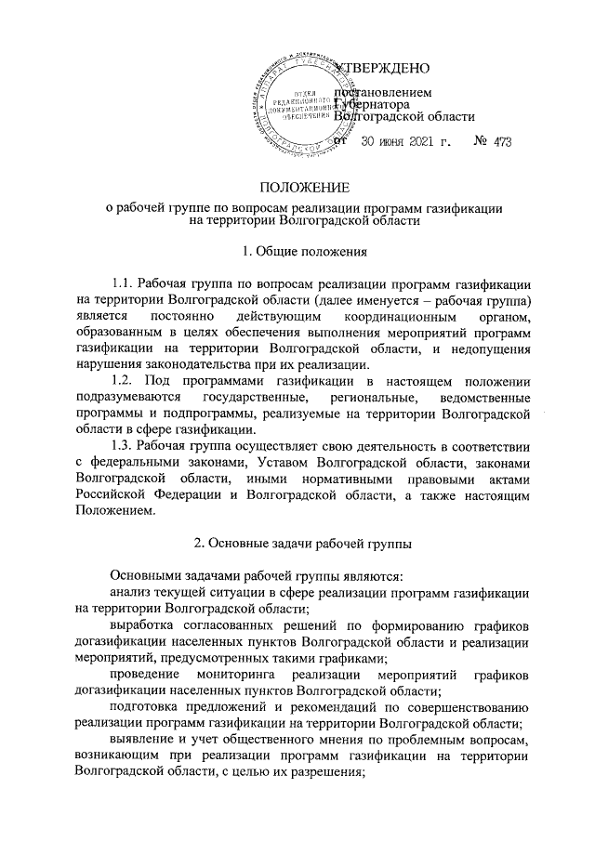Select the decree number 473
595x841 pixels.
point(502,141)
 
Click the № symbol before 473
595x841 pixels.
point(480,141)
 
